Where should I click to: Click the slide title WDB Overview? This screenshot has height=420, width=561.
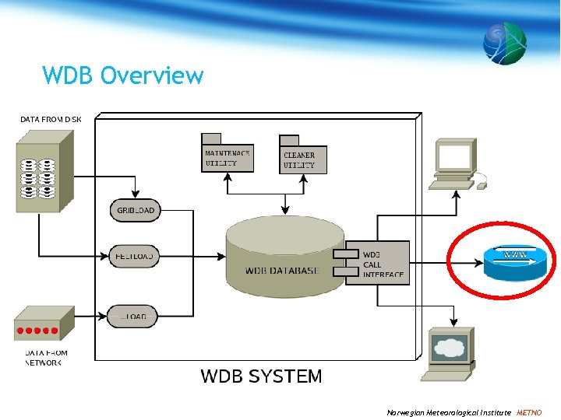(x=123, y=75)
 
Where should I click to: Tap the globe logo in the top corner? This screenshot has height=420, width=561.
(x=504, y=42)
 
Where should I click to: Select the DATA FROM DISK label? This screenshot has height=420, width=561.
(x=50, y=119)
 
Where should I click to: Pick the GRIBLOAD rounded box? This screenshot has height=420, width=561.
(x=136, y=210)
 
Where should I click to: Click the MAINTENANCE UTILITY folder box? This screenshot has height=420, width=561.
(x=227, y=156)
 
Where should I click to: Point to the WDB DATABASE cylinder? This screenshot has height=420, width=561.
(x=284, y=257)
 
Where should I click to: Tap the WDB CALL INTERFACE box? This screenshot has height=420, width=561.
(x=376, y=264)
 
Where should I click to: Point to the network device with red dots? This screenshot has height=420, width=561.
(x=44, y=324)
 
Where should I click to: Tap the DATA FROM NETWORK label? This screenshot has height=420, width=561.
(x=47, y=358)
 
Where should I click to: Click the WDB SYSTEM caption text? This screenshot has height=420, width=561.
(x=261, y=376)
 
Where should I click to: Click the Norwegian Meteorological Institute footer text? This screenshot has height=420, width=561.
(x=449, y=412)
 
